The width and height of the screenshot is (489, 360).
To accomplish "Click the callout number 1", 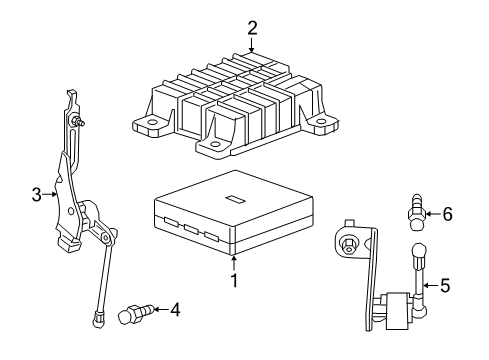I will (234, 282).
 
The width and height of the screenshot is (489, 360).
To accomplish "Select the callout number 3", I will (37, 194).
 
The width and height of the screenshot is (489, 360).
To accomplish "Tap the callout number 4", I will (174, 310).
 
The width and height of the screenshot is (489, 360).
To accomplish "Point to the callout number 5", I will (445, 285).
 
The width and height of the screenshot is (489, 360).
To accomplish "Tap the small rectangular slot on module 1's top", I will (236, 198).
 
